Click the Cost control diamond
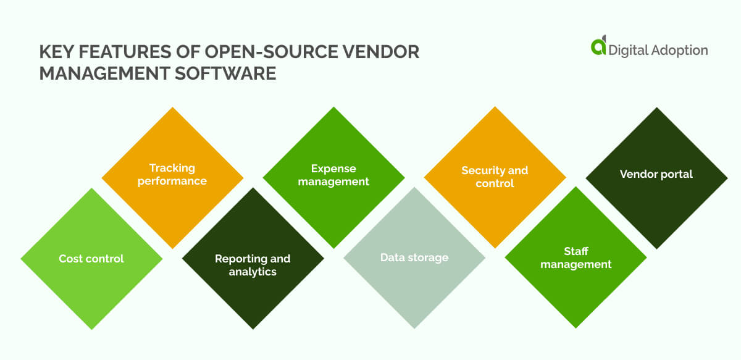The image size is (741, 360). pos(91,259)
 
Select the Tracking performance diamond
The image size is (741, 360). pos(172,175)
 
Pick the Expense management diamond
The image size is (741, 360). pos(333,175)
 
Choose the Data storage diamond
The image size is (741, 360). pos(414,257)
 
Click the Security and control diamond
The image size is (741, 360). pos(495,177)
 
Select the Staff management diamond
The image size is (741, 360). pos(576,257)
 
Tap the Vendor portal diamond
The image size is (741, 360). pos(656,174)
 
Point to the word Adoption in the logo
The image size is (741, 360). pos(679,51)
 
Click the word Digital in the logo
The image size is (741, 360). pos(627,51)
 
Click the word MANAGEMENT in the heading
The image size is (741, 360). pos(101,74)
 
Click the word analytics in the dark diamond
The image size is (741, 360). pos(253,272)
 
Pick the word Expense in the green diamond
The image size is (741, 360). pos(333,169)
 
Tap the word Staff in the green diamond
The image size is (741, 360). pos(576,251)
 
